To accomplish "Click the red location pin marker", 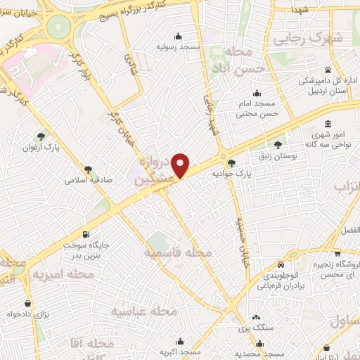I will pyautogui.click(x=181, y=165).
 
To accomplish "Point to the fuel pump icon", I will pyautogui.click(x=86, y=234).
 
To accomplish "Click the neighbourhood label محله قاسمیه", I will pyautogui.click(x=178, y=251).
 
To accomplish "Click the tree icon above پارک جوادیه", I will pyautogui.click(x=232, y=162).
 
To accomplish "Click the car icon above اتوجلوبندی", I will pyautogui.click(x=281, y=265).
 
